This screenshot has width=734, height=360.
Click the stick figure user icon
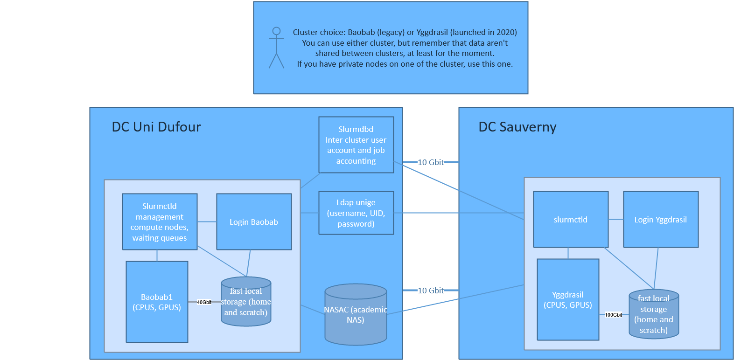(x=276, y=48)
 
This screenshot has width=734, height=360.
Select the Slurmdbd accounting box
(x=356, y=145)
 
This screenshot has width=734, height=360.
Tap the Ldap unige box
(x=356, y=213)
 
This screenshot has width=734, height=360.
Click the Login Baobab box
(x=254, y=222)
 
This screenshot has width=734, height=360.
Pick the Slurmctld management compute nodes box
(x=160, y=222)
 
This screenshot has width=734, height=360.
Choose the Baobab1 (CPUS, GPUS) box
(x=157, y=302)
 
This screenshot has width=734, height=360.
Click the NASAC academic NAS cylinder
(x=356, y=314)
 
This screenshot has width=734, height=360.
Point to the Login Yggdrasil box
(x=661, y=220)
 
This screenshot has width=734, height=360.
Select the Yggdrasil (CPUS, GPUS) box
(x=568, y=300)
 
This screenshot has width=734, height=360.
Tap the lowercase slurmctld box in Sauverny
(x=571, y=220)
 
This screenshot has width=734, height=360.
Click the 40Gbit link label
(x=204, y=302)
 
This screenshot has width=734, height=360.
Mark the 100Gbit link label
(x=613, y=315)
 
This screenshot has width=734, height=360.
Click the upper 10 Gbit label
(x=431, y=162)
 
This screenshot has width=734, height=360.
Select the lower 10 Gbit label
(x=431, y=291)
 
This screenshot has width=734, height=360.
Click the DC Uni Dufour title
(x=156, y=127)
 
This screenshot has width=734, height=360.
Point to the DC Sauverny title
(x=517, y=127)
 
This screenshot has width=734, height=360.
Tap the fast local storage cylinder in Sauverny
(x=654, y=314)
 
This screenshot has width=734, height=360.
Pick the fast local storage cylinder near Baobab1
(x=246, y=302)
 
